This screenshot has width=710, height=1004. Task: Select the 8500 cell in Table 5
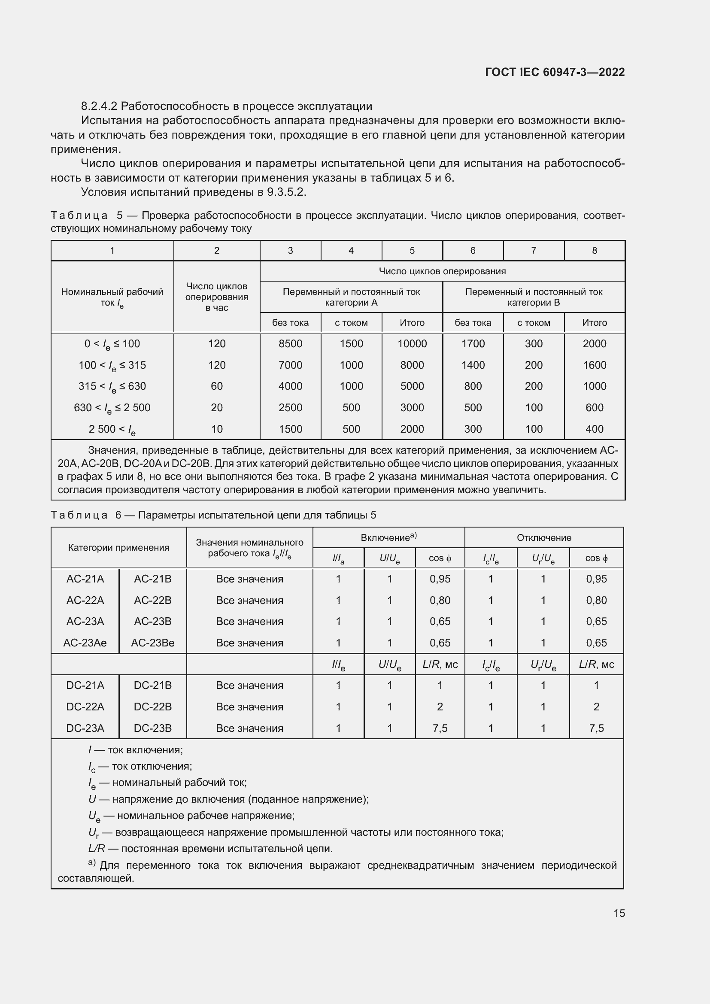(290, 344)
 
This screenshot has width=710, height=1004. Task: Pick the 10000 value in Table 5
(412, 344)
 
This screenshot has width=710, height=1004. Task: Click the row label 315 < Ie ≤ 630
(112, 387)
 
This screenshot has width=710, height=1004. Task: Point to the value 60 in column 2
(216, 386)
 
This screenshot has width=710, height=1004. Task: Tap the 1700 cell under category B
(473, 344)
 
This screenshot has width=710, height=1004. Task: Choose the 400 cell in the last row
(594, 429)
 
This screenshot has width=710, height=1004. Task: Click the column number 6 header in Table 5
(473, 251)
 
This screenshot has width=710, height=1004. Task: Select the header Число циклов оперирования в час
(216, 297)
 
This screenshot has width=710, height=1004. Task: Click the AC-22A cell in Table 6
(85, 601)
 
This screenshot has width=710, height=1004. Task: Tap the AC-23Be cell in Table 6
(152, 643)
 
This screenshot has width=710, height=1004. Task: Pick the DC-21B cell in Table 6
(152, 685)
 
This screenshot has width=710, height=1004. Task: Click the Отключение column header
(543, 538)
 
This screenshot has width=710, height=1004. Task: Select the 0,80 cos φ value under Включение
(440, 601)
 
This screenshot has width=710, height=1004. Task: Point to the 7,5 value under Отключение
(596, 728)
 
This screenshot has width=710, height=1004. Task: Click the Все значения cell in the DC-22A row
(249, 707)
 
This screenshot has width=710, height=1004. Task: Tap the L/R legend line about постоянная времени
(210, 849)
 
